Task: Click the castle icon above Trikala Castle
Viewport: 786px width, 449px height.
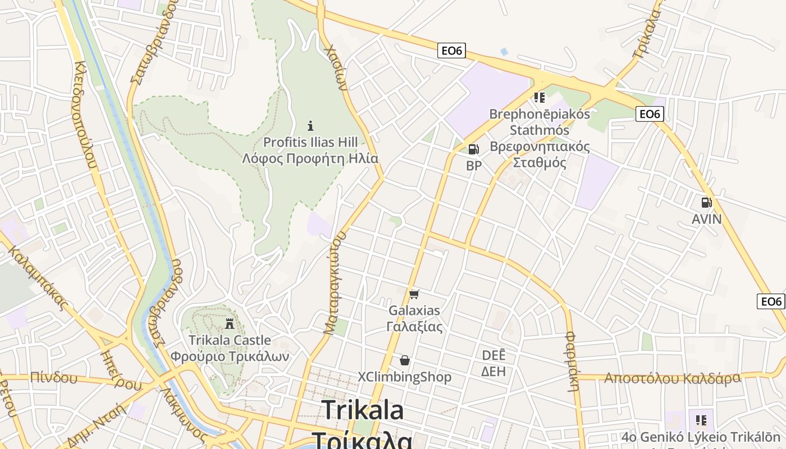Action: point(229,324)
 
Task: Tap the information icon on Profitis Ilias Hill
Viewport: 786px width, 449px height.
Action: point(310,126)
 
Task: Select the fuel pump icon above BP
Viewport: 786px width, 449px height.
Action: point(473,149)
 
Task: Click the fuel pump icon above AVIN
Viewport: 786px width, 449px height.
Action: point(706,203)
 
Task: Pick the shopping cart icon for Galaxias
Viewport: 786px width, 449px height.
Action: point(414,294)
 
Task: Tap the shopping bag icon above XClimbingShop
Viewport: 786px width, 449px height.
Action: point(404,360)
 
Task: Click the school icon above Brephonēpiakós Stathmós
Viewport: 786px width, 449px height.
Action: point(540,98)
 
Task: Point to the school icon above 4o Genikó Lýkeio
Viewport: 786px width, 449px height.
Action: point(701,420)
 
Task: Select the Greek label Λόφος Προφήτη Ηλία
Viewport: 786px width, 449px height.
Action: point(310,158)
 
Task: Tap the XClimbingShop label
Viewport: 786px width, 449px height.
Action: point(405,377)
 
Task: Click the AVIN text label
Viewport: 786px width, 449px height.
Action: point(706,219)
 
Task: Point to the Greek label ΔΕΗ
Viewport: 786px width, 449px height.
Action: point(493,371)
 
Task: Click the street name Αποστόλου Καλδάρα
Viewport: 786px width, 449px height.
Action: point(672,378)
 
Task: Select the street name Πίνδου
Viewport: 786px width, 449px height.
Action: point(54,377)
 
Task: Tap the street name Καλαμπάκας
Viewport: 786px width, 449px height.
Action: point(38,278)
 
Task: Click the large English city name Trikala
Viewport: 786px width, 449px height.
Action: point(363,410)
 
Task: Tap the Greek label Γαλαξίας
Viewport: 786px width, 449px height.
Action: point(414,327)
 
